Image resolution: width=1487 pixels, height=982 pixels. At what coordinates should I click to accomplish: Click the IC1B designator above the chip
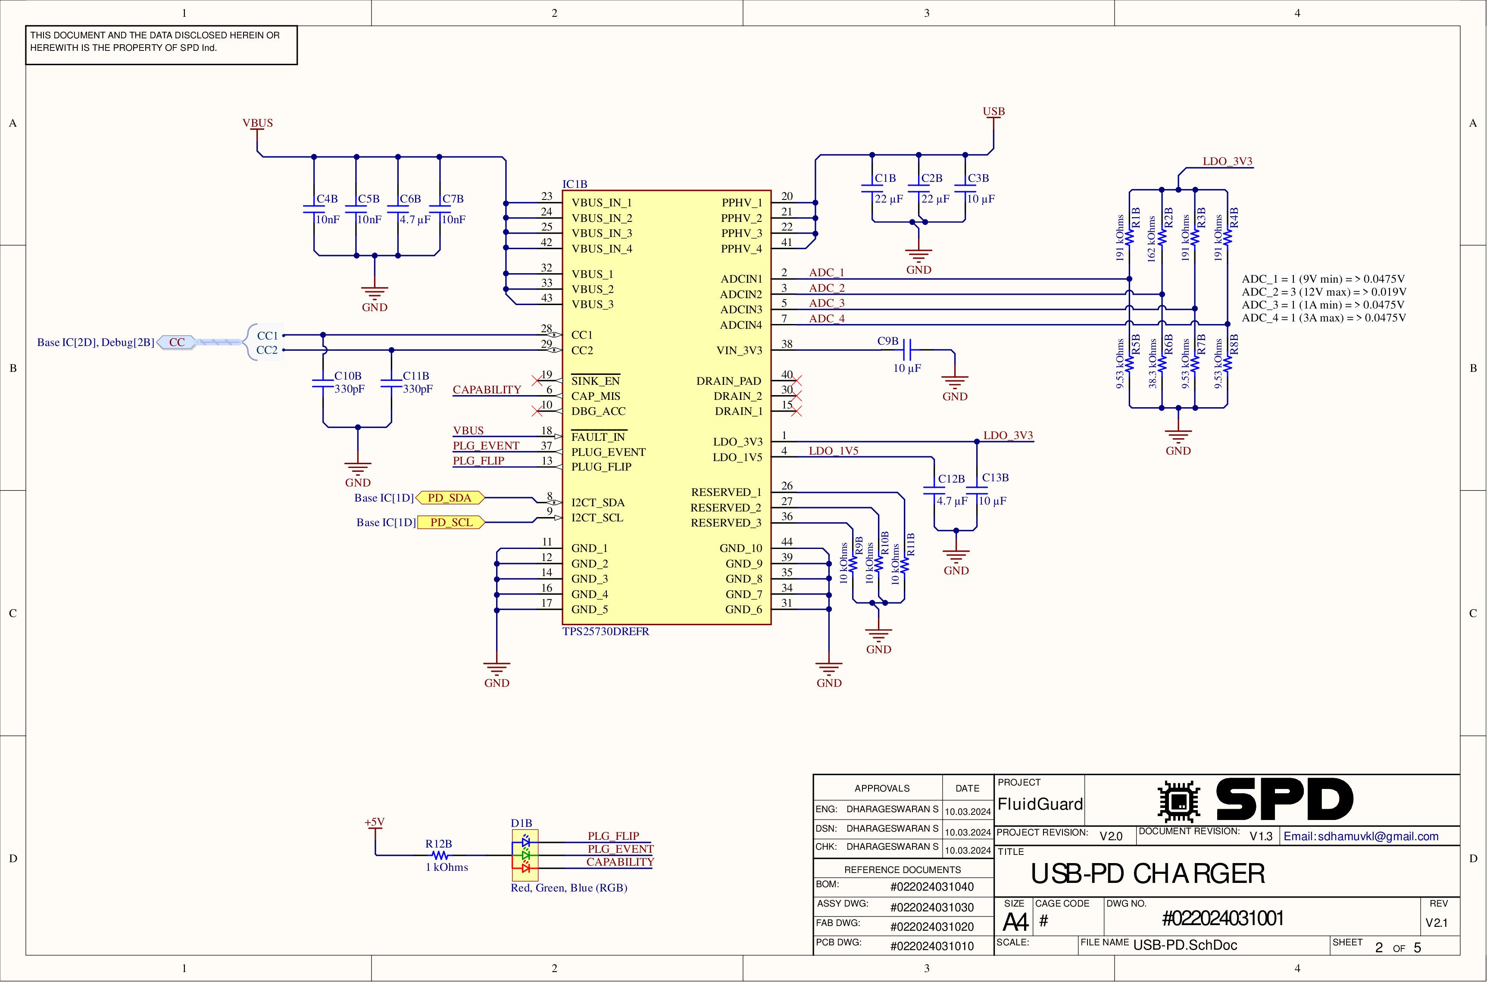tap(575, 184)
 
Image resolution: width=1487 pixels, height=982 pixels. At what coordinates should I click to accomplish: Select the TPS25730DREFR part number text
tap(605, 631)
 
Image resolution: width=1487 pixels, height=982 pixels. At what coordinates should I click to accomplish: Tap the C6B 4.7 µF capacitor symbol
tap(398, 209)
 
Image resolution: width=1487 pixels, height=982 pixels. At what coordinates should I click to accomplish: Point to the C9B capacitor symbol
tap(909, 349)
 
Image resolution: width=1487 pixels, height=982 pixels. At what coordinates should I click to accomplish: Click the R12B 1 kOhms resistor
tap(440, 855)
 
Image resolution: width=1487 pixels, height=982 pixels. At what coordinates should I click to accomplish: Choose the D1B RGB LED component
tap(525, 855)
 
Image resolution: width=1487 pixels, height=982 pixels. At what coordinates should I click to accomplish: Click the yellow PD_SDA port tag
tap(450, 498)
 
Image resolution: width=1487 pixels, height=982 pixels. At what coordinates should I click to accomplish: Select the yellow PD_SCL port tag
tap(451, 522)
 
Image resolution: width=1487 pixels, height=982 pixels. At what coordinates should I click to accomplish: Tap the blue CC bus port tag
tap(177, 343)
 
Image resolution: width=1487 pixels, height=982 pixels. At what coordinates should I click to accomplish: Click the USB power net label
tap(993, 112)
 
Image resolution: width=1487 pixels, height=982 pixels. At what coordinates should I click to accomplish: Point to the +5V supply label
tap(375, 822)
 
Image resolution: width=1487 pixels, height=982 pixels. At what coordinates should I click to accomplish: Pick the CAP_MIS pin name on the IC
tap(595, 396)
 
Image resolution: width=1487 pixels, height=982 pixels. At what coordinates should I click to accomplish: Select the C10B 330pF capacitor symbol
tap(323, 383)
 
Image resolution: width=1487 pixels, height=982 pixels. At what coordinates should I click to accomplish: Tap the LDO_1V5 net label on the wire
tap(833, 451)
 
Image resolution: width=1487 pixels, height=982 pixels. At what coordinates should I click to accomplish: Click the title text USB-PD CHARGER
tap(1147, 874)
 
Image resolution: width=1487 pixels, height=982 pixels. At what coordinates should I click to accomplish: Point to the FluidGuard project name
tap(1040, 804)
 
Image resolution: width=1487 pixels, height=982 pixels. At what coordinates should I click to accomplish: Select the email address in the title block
tap(1360, 836)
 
